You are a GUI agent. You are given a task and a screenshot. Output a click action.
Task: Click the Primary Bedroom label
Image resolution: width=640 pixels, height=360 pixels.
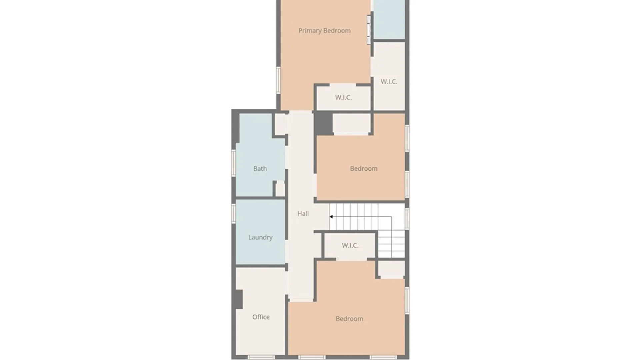coord(324,31)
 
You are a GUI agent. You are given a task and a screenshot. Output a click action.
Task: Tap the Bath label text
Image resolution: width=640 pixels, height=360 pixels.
coord(260,169)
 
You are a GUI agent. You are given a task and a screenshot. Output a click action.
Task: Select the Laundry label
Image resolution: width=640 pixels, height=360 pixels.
coord(260,237)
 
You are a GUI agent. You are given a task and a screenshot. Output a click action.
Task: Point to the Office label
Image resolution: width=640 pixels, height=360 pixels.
coord(261,317)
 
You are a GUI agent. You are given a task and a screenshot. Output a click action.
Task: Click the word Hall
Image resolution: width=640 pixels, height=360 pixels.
coord(303,214)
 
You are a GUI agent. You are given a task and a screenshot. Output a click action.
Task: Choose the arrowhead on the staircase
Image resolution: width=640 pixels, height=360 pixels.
coord(331,217)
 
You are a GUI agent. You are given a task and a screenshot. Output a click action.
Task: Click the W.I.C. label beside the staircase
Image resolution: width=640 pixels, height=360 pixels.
coord(350,246)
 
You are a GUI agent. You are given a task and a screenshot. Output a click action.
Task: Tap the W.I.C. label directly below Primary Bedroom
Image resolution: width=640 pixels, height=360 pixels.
coord(343,98)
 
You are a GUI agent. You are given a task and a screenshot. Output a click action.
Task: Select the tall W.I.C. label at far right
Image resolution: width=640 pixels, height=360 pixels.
coord(389,82)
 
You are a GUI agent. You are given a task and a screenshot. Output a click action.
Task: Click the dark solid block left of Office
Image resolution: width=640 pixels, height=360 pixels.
coord(239,299)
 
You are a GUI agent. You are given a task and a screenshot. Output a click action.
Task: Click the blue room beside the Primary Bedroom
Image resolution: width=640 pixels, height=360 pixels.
coord(389,19)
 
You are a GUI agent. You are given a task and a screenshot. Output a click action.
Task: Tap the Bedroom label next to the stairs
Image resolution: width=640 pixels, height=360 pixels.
coord(364,169)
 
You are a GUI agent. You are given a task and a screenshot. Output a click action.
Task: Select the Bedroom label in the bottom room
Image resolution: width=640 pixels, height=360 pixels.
coord(349,319)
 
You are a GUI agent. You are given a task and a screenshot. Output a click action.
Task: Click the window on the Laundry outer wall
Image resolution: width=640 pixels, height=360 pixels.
coord(234,213)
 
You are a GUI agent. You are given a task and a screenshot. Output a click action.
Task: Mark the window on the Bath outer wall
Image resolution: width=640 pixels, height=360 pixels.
coord(234,163)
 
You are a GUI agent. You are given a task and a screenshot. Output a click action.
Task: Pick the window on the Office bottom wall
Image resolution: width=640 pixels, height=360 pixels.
coord(261,357)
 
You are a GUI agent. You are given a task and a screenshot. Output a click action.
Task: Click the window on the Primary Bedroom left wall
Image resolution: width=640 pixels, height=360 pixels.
coord(278,80)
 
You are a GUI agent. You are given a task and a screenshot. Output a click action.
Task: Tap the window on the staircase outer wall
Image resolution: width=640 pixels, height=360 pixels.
coord(407,218)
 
